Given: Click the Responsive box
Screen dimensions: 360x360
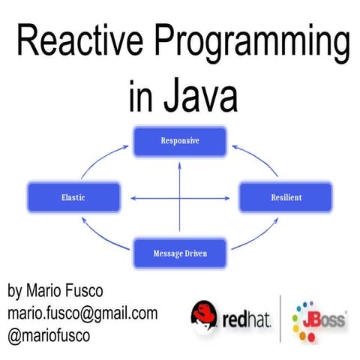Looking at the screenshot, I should point(179,140).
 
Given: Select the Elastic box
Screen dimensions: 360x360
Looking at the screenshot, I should point(72,197).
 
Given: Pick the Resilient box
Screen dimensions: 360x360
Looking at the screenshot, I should point(285,197).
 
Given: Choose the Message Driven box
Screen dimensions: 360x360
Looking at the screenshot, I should point(179,253).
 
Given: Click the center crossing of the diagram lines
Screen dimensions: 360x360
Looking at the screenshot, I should point(180,198).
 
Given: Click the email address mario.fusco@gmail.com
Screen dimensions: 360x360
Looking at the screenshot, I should point(82,313).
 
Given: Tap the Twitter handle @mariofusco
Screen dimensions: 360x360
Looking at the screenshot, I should point(49,335).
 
